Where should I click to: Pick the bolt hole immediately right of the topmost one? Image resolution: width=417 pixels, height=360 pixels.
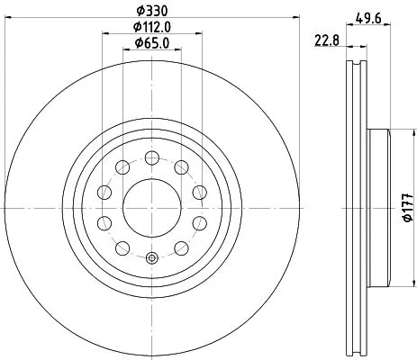pyautogui.click(x=181, y=165)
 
